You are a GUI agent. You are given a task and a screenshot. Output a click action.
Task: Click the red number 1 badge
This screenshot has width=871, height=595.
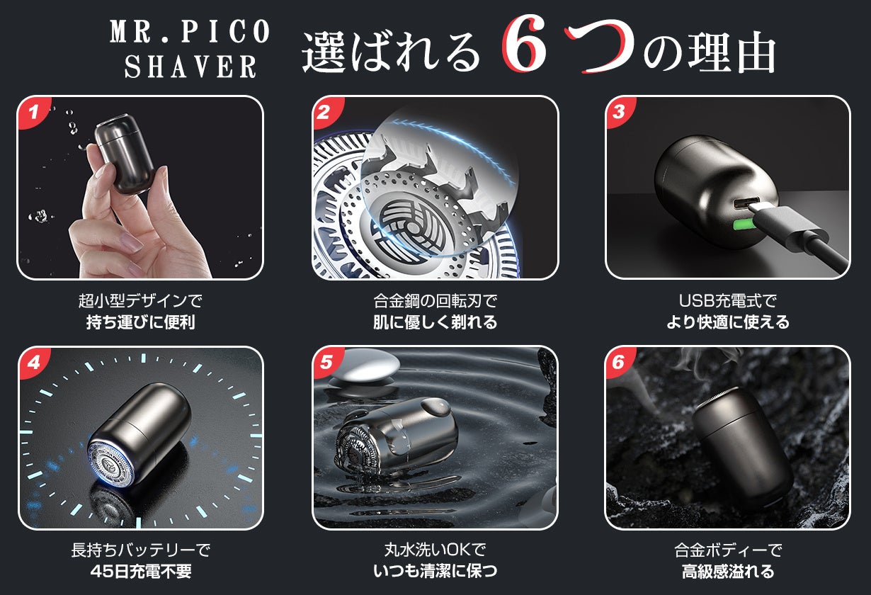pyautogui.click(x=33, y=112)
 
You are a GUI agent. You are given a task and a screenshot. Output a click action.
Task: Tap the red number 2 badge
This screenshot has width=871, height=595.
pyautogui.click(x=326, y=112)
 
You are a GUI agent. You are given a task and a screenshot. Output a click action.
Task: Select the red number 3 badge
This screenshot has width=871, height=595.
pyautogui.click(x=620, y=112)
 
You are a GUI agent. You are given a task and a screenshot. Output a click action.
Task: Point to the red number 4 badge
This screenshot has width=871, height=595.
pyautogui.click(x=34, y=362)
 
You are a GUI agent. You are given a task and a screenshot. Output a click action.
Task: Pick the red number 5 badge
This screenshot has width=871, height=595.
pyautogui.click(x=327, y=362)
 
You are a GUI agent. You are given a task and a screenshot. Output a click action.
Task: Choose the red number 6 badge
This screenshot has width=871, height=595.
pyautogui.click(x=620, y=362)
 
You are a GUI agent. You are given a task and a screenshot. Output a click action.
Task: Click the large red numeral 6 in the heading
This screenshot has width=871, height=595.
pyautogui.click(x=524, y=44)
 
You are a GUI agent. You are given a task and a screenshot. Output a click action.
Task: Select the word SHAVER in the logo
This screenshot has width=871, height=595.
pyautogui.click(x=190, y=66)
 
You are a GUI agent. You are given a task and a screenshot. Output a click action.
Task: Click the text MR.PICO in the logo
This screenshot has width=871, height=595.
pyautogui.click(x=189, y=31)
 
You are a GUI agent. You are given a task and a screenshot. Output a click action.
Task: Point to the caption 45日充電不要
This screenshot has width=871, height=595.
pyautogui.click(x=141, y=571)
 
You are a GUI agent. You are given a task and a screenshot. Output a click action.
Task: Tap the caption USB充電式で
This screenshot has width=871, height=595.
pyautogui.click(x=727, y=300)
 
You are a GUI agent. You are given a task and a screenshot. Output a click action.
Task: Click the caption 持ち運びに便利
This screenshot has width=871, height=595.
pyautogui.click(x=140, y=322)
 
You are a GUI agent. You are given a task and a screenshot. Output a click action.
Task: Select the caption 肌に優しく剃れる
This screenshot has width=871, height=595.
pyautogui.click(x=435, y=322)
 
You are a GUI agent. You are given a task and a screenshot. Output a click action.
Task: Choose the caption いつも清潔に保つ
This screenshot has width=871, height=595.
pyautogui.click(x=435, y=571)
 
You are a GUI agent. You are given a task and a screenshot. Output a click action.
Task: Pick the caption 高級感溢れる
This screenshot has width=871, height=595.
pyautogui.click(x=727, y=571)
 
